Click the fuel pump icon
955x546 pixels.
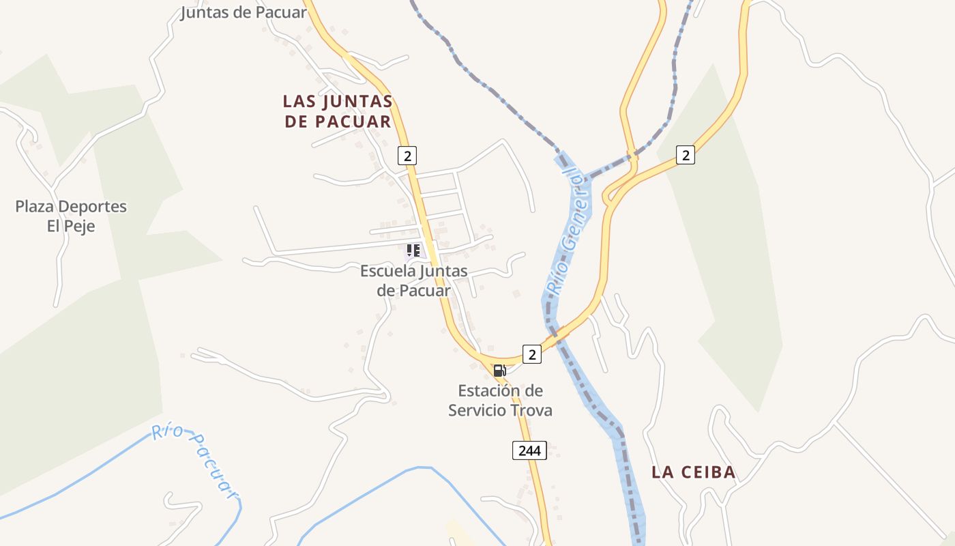click(x=499, y=371)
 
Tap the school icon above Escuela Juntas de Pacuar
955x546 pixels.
click(x=413, y=250)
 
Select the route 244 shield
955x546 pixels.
click(x=529, y=450)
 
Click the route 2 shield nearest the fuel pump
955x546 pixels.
click(x=532, y=354)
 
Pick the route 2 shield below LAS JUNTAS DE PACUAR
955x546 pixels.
click(x=407, y=156)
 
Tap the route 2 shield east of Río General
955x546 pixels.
click(x=686, y=155)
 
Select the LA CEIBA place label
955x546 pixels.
click(x=693, y=472)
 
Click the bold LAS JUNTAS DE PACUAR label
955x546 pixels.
click(x=338, y=111)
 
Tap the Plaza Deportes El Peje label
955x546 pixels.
click(x=71, y=216)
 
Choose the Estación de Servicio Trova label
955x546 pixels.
click(x=500, y=401)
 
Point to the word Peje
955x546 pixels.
click(x=80, y=226)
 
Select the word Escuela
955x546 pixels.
click(x=387, y=271)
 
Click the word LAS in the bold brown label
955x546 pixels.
click(x=299, y=102)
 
